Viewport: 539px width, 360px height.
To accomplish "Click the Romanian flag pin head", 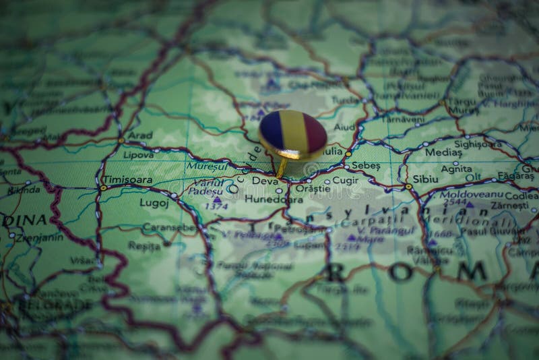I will click(x=292, y=134).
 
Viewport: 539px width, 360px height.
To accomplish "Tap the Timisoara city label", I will click(x=127, y=181).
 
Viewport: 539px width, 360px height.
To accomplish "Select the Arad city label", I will click(x=140, y=135).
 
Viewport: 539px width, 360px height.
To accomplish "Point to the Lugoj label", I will click(x=154, y=202).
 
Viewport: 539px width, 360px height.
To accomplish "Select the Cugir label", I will click(x=346, y=181).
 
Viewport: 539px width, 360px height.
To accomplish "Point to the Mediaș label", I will click(x=443, y=152).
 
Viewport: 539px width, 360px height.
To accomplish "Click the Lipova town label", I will click(x=138, y=154).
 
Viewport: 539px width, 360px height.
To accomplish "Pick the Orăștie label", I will click(x=313, y=189).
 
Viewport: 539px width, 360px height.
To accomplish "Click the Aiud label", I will click(x=344, y=127).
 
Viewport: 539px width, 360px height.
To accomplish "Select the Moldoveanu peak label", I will click(x=463, y=194).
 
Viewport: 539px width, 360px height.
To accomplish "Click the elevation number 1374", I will click(x=217, y=207).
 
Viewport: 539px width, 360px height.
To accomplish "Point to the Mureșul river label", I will click(x=207, y=164).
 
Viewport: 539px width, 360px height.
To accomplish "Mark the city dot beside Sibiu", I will click(x=408, y=186).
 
